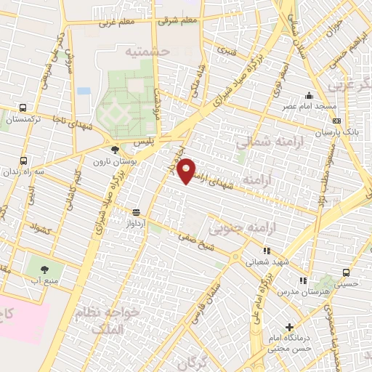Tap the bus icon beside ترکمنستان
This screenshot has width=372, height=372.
point(24,106)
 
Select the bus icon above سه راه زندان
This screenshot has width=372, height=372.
point(24,161)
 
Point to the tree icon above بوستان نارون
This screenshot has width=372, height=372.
point(114,150)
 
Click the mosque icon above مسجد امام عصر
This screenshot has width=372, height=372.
point(310,95)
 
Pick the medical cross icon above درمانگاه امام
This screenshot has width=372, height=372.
point(290,328)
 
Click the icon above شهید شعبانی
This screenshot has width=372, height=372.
point(267,251)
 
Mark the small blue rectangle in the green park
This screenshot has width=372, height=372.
point(84,91)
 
